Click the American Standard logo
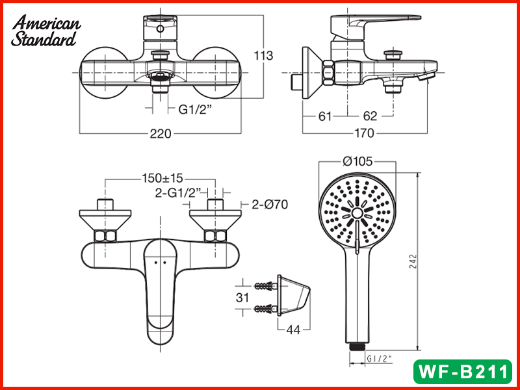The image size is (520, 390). click(45, 31)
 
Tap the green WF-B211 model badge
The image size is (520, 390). click(463, 371)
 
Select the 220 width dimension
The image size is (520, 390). click(161, 134)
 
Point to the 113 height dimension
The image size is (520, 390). click(263, 55)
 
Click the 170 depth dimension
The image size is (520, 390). click(364, 133)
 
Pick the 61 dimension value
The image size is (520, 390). click(324, 116)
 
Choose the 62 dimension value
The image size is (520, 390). click(370, 116)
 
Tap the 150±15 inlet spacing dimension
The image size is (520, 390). click(162, 178)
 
